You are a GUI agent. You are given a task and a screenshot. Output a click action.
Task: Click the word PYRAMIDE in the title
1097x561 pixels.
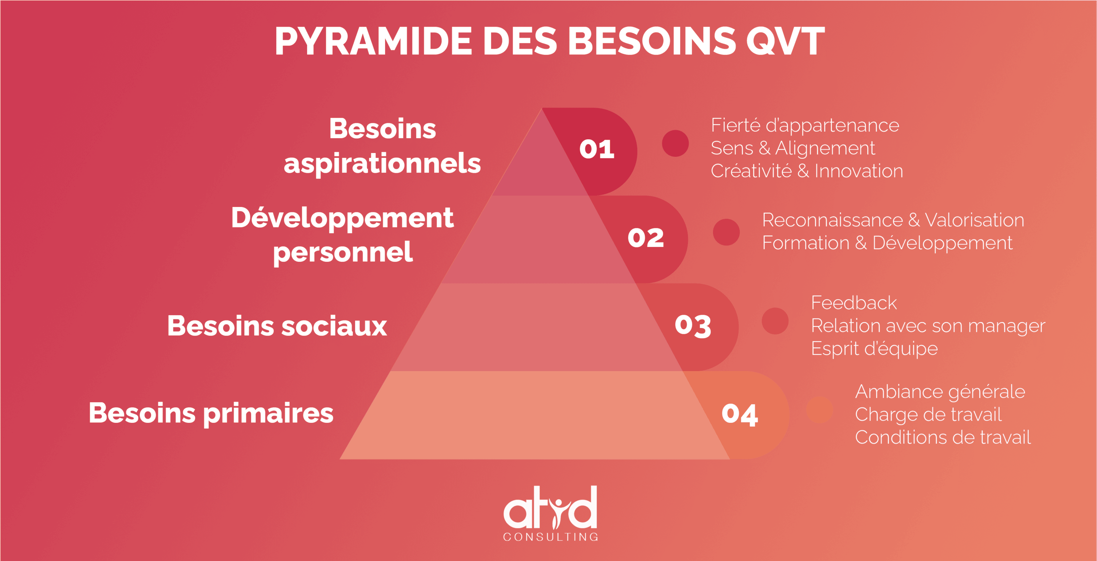373,41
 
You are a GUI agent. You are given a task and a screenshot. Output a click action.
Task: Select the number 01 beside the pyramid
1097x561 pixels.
596,150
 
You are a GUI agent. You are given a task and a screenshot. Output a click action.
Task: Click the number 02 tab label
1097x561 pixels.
646,237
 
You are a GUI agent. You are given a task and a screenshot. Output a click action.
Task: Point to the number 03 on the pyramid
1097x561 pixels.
693,326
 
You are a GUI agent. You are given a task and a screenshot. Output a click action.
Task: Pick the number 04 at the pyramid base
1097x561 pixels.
740,414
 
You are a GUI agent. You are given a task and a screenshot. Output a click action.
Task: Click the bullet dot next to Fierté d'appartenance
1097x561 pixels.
675,143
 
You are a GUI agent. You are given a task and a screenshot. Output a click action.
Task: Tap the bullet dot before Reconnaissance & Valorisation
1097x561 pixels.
726,232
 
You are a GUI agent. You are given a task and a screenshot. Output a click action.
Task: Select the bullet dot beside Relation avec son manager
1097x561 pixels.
775,321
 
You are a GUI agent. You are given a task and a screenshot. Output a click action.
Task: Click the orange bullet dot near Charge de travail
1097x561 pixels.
820,410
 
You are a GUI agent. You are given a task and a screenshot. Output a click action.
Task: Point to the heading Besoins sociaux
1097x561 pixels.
277,327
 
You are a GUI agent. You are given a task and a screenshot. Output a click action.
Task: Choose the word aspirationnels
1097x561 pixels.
382,165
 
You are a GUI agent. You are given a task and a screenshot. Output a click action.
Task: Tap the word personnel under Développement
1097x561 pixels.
343,253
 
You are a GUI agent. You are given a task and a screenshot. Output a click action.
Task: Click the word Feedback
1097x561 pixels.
854,303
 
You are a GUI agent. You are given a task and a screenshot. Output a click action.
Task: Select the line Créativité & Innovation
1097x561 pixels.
807,171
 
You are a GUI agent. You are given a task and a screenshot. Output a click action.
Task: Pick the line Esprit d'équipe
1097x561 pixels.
874,349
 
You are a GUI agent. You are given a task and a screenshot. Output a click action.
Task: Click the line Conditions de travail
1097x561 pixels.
943,438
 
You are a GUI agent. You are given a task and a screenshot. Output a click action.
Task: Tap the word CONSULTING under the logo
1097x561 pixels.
551,537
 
